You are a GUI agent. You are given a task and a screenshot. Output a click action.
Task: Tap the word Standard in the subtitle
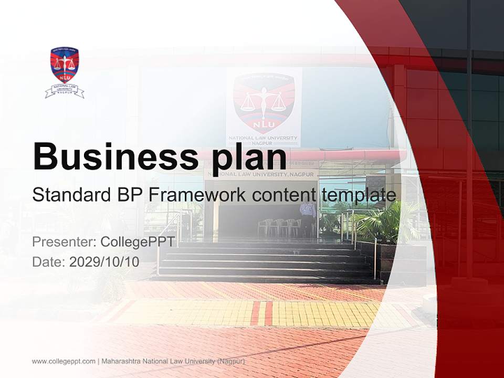(68, 195)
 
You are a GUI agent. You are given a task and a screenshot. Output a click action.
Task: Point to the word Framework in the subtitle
(197, 195)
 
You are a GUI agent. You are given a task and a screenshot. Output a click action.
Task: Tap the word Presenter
(62, 242)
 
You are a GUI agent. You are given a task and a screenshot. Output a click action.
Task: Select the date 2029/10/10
(104, 262)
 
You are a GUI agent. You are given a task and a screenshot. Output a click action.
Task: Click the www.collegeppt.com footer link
(64, 361)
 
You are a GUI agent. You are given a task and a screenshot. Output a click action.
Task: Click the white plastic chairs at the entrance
(278, 227)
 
